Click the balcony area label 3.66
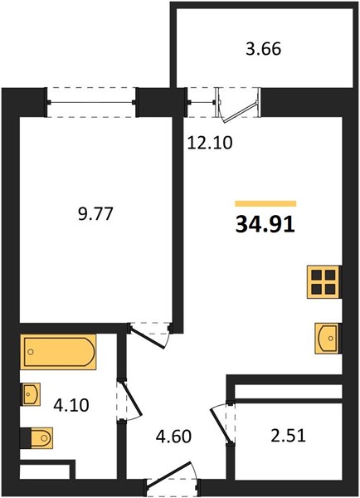(x=264, y=50)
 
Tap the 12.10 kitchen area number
(x=210, y=143)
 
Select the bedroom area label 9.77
(x=95, y=213)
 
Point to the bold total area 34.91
(x=265, y=225)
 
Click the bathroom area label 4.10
(x=71, y=405)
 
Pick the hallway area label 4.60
(x=173, y=437)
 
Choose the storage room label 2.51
(x=289, y=436)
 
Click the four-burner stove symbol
(x=324, y=281)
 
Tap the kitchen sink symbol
(x=327, y=339)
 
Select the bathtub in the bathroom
(x=58, y=352)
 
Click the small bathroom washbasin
(x=31, y=394)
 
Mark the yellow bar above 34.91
(x=265, y=203)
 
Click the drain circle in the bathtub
(x=31, y=352)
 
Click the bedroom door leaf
(x=148, y=339)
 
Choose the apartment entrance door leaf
(x=169, y=475)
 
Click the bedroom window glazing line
(x=92, y=102)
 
